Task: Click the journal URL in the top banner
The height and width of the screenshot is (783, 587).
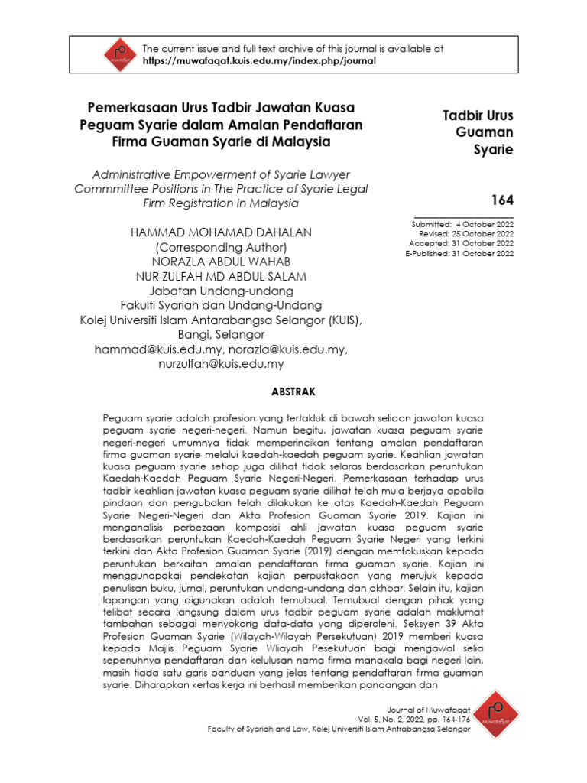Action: click(x=260, y=61)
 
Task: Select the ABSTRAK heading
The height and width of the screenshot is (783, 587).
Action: click(x=293, y=391)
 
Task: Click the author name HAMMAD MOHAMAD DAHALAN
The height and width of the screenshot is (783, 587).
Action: click(x=220, y=232)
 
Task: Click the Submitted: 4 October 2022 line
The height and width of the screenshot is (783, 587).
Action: click(x=462, y=224)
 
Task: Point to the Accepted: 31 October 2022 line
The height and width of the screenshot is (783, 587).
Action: click(x=461, y=244)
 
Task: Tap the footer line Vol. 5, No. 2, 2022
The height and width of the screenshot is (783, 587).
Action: click(x=413, y=719)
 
